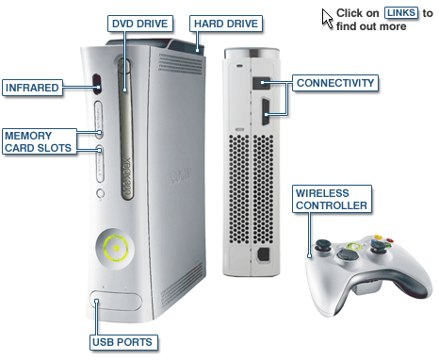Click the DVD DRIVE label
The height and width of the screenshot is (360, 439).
click(x=140, y=24)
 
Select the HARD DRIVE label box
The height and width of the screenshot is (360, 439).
click(x=226, y=24)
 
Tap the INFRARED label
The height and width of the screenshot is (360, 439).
click(x=32, y=88)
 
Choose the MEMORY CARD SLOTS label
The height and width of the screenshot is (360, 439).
click(x=40, y=141)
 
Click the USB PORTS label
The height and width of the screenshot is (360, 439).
click(x=122, y=342)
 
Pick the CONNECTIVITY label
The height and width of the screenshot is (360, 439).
click(x=335, y=83)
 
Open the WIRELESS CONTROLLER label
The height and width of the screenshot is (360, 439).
click(x=332, y=199)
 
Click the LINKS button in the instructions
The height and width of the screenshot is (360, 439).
click(x=401, y=13)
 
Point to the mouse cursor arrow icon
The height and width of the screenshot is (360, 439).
click(x=327, y=19)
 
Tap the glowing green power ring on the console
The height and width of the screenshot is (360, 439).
click(x=116, y=249)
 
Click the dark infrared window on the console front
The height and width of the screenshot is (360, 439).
click(x=97, y=84)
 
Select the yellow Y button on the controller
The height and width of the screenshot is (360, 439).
click(x=378, y=237)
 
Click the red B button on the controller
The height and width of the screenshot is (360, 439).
click(x=390, y=241)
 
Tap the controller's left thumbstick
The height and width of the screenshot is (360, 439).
click(x=323, y=245)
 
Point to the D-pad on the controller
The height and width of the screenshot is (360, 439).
click(x=348, y=254)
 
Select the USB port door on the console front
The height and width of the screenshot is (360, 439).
click(x=116, y=301)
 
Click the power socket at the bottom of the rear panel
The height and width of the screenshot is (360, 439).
click(x=263, y=254)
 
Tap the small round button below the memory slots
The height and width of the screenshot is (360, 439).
click(x=101, y=193)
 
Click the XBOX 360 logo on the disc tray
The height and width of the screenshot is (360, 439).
click(x=126, y=177)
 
